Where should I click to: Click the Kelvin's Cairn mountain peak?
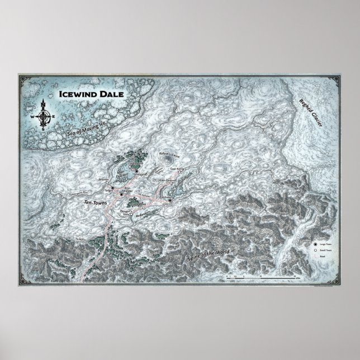167,160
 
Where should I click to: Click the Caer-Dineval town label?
168,180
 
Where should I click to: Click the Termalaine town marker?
138,172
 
